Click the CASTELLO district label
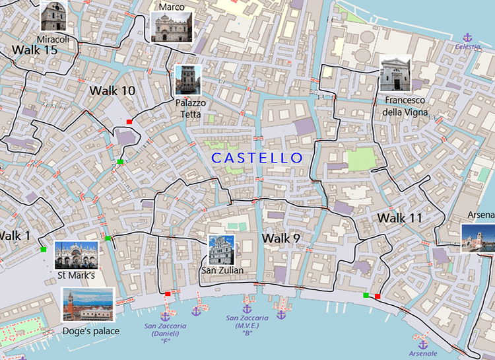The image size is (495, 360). [x=256, y=158]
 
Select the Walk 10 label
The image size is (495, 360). [x=112, y=90]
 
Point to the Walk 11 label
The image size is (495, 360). [x=400, y=217]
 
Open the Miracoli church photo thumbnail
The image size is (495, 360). [x=53, y=15]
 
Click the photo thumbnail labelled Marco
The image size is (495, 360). [x=173, y=26]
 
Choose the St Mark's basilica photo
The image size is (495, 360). [x=76, y=254]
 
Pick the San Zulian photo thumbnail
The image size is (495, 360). [x=222, y=250]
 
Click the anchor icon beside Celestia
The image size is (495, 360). [x=468, y=37]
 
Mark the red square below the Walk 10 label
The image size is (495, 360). [x=129, y=122]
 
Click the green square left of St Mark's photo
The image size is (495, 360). [x=43, y=249]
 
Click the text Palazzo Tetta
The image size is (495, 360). [x=190, y=108]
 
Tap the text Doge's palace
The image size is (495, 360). [x=90, y=330]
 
